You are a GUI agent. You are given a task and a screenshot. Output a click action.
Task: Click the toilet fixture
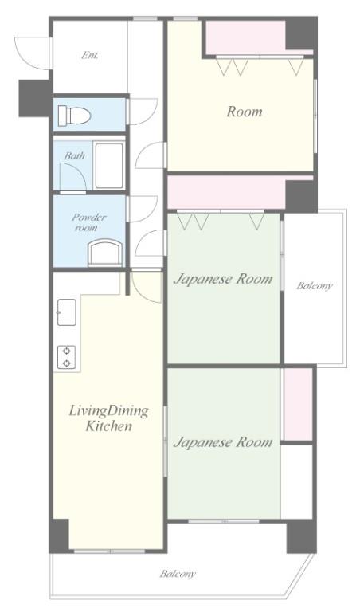(x=74, y=116)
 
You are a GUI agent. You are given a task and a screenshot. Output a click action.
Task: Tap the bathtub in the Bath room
(x=109, y=166)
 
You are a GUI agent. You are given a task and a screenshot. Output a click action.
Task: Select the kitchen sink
(x=67, y=312)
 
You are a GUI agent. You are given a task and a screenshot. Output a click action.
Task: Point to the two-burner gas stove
(x=67, y=357)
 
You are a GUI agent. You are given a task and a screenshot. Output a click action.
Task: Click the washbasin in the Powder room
(x=105, y=253)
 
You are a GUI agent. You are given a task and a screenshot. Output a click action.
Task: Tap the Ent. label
(x=90, y=56)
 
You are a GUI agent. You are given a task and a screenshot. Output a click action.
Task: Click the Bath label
(x=75, y=155)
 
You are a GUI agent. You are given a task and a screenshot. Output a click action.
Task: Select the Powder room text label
(x=89, y=222)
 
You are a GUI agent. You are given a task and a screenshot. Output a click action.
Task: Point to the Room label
(x=245, y=112)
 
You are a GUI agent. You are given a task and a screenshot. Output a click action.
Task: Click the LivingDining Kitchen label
(x=109, y=418)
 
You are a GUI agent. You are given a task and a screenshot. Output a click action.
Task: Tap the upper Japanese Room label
(x=223, y=280)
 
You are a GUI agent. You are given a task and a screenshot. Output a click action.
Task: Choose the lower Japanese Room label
(x=223, y=442)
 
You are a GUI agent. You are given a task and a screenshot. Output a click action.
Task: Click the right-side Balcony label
(x=315, y=286)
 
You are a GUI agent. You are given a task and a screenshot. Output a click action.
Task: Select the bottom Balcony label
(x=178, y=574)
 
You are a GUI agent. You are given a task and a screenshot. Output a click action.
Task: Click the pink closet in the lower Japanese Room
(x=298, y=404)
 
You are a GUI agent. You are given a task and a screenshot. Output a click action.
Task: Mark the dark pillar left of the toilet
(x=35, y=98)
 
